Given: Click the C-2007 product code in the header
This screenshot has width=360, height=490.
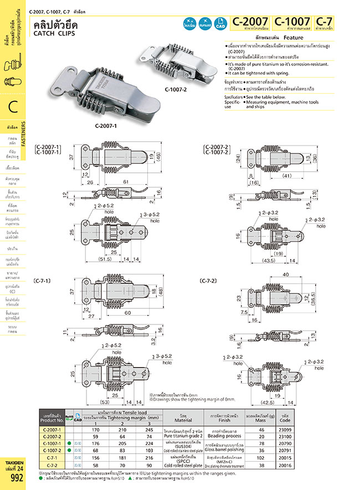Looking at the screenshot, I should point(251,23).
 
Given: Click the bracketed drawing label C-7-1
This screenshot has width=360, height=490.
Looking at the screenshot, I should point(43,281).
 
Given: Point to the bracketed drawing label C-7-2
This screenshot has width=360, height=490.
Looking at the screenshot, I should point(209,281).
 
